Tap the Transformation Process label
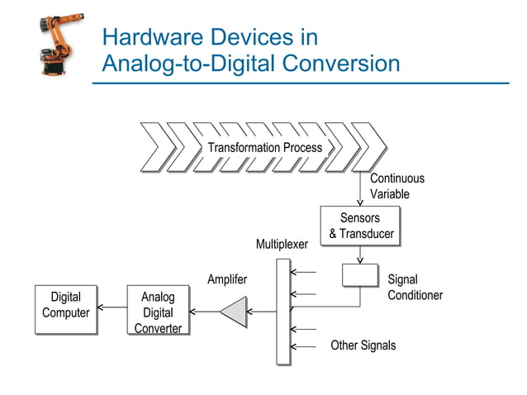(x=264, y=148)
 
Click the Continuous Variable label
(x=396, y=186)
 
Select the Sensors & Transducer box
(x=360, y=226)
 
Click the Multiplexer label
(x=282, y=245)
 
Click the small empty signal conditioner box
(x=360, y=275)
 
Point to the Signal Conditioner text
(x=415, y=288)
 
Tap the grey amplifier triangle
(x=235, y=312)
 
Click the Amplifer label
(x=227, y=280)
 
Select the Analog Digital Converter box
(x=158, y=312)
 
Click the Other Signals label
(x=363, y=345)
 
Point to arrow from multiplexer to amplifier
(x=263, y=312)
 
